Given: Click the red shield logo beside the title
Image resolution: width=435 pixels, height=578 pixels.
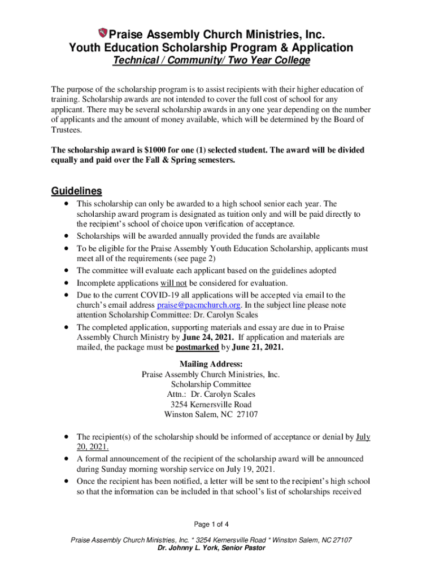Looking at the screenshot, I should (x=103, y=33).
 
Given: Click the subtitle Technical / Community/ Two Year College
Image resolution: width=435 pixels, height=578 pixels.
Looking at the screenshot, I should (x=211, y=61).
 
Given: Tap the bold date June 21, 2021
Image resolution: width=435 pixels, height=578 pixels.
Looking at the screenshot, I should (x=256, y=348).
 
